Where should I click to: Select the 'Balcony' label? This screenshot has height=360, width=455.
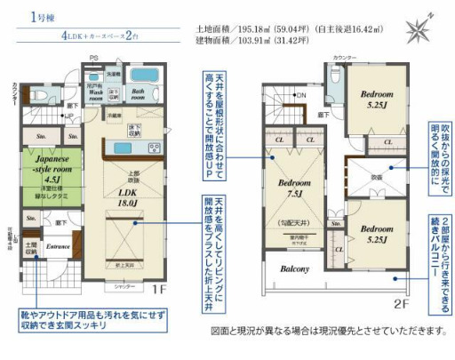click(x=295, y=269)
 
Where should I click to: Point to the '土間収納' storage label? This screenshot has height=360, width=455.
click(x=31, y=247)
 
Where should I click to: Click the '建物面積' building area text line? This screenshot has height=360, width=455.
click(x=252, y=41)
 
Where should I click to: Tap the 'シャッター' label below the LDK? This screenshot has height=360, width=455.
click(x=118, y=288)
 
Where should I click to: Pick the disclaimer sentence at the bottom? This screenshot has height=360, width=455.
click(x=327, y=331)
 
